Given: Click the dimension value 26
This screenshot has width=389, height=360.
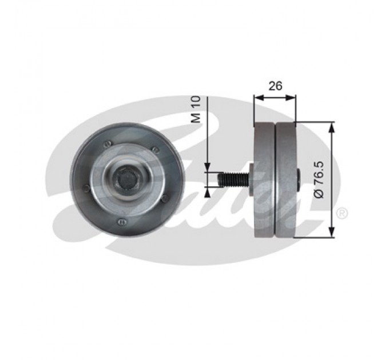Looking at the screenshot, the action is click(x=275, y=86).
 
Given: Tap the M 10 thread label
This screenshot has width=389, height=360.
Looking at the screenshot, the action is click(x=196, y=110).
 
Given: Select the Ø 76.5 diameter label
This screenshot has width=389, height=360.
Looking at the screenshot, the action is click(x=319, y=179).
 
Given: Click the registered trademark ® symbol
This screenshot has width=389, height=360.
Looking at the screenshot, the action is click(x=342, y=213).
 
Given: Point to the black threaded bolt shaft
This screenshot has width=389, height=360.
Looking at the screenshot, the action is click(x=233, y=179).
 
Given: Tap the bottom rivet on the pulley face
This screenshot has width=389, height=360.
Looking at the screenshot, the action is click(x=121, y=221).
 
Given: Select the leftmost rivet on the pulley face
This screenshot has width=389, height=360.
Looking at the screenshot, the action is click(x=86, y=189).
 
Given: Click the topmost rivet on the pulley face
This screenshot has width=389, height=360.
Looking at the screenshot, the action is click(x=108, y=143).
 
